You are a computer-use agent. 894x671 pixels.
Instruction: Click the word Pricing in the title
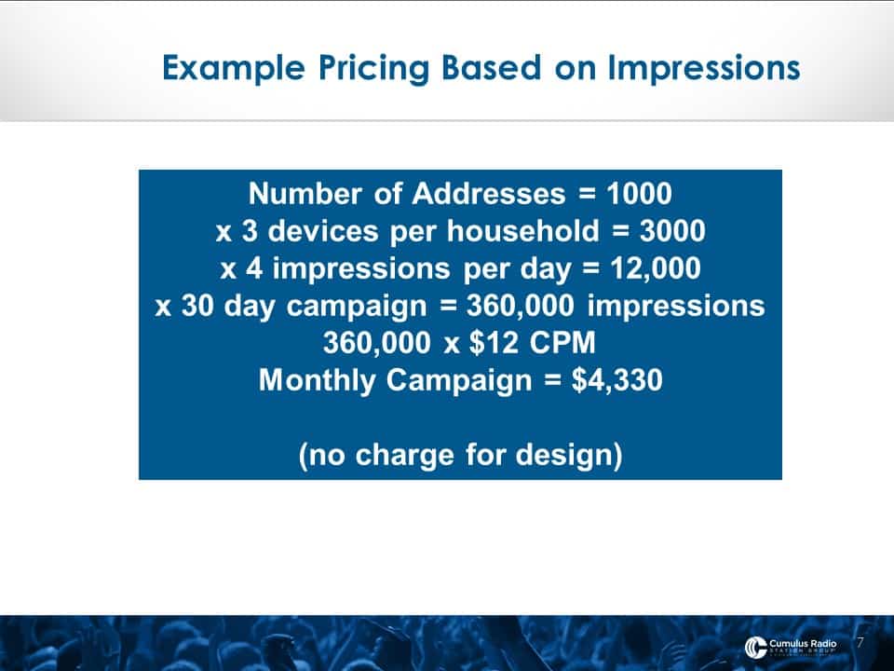point(372,68)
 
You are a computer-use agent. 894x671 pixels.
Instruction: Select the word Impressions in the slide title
point(704,68)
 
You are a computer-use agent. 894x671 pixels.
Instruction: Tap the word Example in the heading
point(234,68)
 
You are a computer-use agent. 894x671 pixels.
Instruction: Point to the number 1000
point(639,194)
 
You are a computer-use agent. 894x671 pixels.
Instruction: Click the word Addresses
point(489,194)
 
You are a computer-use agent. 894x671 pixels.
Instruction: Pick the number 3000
point(672,230)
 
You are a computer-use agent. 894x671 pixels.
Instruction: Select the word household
point(522,230)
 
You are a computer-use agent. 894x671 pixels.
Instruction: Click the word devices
point(323,230)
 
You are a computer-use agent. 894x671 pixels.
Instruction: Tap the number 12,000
point(655,268)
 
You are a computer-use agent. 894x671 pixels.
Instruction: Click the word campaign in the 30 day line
point(357,307)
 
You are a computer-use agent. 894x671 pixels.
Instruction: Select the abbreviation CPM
point(562,342)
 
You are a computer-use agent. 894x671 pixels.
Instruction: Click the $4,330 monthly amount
point(616,380)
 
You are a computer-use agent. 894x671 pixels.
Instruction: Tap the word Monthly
point(317,380)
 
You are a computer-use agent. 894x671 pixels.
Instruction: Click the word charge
point(405,456)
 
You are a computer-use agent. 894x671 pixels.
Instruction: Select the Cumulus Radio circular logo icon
point(755,647)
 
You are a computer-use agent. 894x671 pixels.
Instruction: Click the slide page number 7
point(860,642)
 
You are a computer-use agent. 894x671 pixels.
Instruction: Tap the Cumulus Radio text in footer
point(803,644)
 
